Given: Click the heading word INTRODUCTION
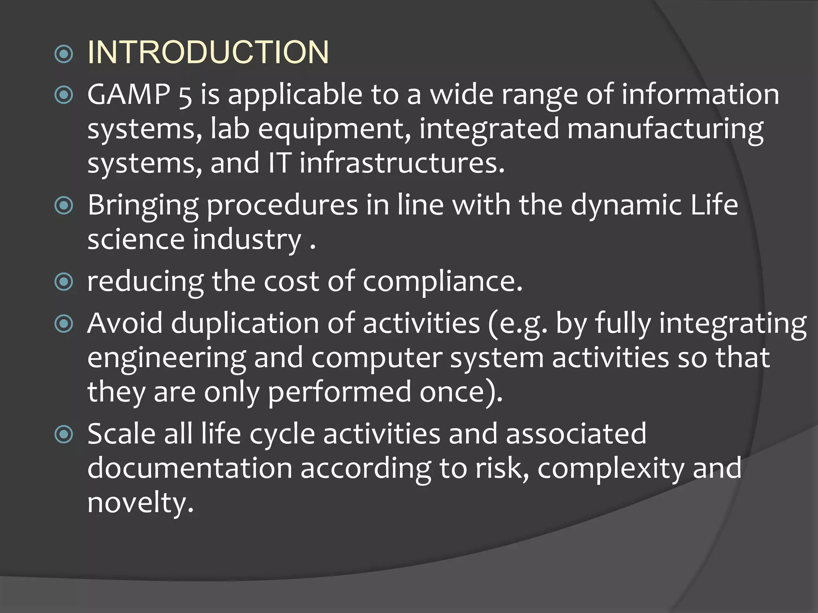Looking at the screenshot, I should [x=208, y=52].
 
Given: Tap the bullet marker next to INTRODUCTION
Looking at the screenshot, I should [x=64, y=54].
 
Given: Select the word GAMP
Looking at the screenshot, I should [x=129, y=95].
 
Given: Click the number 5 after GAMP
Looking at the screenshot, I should [x=185, y=96].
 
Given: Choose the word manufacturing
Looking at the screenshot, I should [x=665, y=130].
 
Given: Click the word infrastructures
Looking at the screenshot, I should [x=402, y=164].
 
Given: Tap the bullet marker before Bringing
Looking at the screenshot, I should [x=64, y=206].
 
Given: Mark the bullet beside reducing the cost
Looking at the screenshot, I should [x=64, y=282].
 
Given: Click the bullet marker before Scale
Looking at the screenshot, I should [x=64, y=434].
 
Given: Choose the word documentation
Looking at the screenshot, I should [x=190, y=469].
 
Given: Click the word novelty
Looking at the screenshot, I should [x=140, y=503].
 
